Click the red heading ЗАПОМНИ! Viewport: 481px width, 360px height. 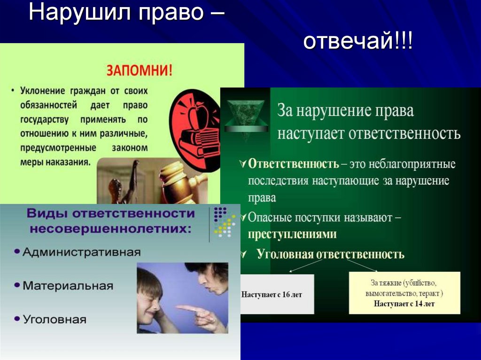(140, 70)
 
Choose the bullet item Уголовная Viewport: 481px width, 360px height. (54, 319)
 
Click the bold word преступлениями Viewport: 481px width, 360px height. (292, 234)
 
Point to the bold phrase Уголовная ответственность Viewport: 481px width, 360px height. (330, 254)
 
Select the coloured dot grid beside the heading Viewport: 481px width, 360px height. (224, 221)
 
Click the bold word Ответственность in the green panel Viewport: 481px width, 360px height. (294, 164)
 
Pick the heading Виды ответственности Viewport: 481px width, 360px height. (110, 214)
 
